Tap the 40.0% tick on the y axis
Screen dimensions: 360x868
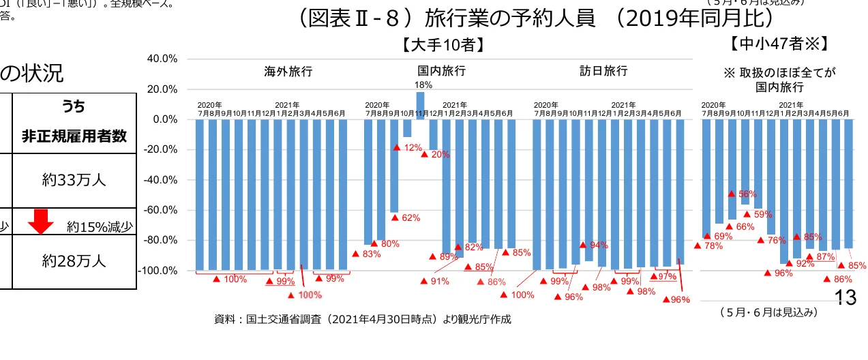(162, 59)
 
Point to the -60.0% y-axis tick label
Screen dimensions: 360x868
(161, 210)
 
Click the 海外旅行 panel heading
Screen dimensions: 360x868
(288, 71)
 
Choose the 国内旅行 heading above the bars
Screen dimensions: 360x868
(442, 71)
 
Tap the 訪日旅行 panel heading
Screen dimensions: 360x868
(603, 71)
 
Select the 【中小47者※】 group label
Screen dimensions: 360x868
(778, 44)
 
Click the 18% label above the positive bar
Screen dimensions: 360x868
(423, 85)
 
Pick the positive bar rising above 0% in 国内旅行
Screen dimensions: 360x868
(420, 106)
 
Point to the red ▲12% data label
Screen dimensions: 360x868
(407, 148)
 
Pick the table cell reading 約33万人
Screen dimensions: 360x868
(74, 180)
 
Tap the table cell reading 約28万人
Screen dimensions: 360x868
(74, 261)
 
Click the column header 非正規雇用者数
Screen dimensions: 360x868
(74, 136)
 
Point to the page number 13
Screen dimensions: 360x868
(845, 297)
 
